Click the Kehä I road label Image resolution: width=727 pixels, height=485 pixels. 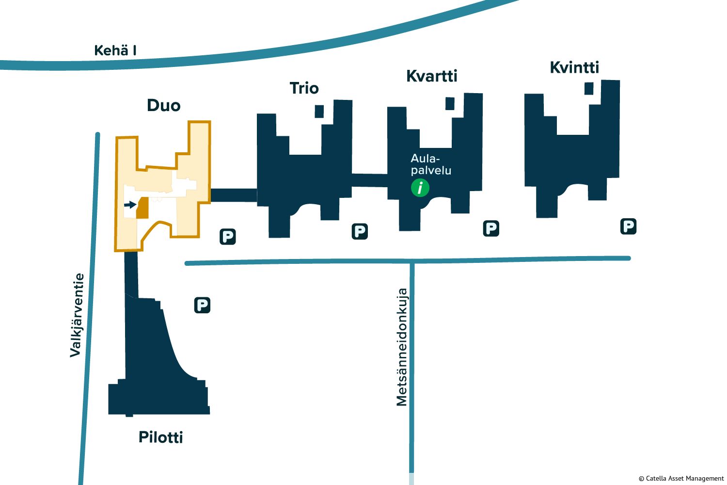click(x=115, y=50)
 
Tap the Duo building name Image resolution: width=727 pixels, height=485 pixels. click(x=163, y=106)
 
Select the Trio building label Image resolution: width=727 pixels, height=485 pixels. click(x=304, y=88)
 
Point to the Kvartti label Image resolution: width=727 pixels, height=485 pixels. click(x=431, y=76)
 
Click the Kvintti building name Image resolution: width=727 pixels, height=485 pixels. click(x=574, y=67)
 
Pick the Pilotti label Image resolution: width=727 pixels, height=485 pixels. click(x=160, y=437)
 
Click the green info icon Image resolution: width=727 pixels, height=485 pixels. click(x=420, y=187)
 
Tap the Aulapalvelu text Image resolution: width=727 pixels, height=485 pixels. click(x=430, y=164)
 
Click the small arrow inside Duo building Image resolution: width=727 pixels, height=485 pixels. click(x=130, y=205)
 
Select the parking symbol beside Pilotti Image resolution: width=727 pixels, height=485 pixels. click(x=202, y=305)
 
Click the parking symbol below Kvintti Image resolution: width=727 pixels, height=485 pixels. click(x=628, y=226)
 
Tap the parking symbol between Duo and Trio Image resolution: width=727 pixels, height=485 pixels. click(x=227, y=237)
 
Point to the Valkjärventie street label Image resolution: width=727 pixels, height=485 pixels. click(x=77, y=315)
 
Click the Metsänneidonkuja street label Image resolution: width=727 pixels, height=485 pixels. click(x=402, y=347)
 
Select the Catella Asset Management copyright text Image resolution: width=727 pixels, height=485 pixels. click(x=681, y=478)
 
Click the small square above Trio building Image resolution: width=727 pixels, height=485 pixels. click(x=319, y=111)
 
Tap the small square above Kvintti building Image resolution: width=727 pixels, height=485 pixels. click(x=589, y=88)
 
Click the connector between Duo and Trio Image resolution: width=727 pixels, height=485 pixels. click(x=234, y=195)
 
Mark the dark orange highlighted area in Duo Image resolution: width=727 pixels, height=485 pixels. click(x=142, y=209)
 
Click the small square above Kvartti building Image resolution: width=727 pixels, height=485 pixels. click(x=450, y=103)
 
